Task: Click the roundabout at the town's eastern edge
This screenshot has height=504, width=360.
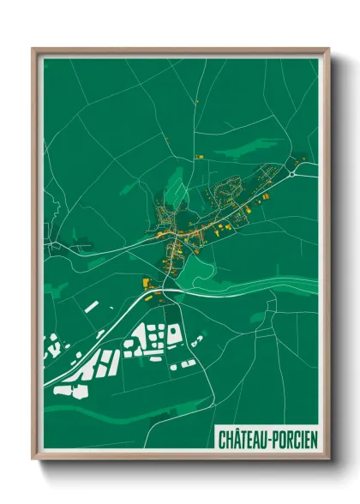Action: click(x=293, y=173)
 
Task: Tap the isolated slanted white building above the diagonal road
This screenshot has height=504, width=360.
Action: click(x=91, y=306)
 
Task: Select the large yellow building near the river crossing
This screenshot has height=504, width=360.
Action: click(x=145, y=283)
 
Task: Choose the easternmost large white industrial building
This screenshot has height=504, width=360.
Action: click(x=174, y=335)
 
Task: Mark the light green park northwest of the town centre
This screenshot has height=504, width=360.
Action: click(x=175, y=179)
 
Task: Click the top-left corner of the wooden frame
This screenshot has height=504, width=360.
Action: click(x=33, y=49)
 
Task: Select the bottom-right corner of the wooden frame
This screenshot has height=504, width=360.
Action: click(x=329, y=460)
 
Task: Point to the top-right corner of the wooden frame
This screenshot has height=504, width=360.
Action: click(x=329, y=49)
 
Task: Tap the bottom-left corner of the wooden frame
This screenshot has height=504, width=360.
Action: click(x=33, y=460)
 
